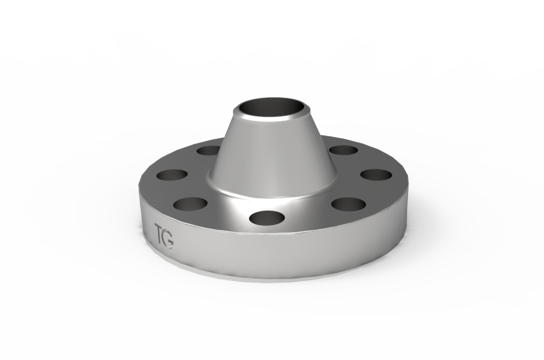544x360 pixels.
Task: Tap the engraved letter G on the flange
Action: tap(169, 240)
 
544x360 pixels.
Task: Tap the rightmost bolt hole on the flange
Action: tap(376, 175)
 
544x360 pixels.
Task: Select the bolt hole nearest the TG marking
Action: tap(190, 204)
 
